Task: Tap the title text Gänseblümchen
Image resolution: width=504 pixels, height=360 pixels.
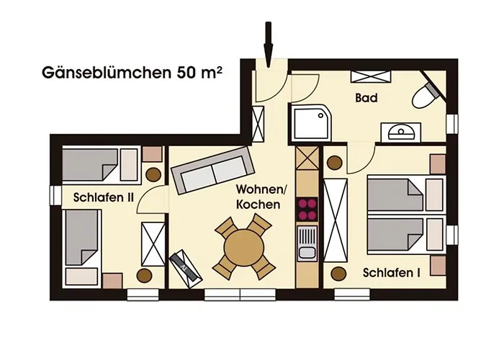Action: pyautogui.click(x=104, y=73)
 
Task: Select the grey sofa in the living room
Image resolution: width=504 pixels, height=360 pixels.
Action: pyautogui.click(x=212, y=170)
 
